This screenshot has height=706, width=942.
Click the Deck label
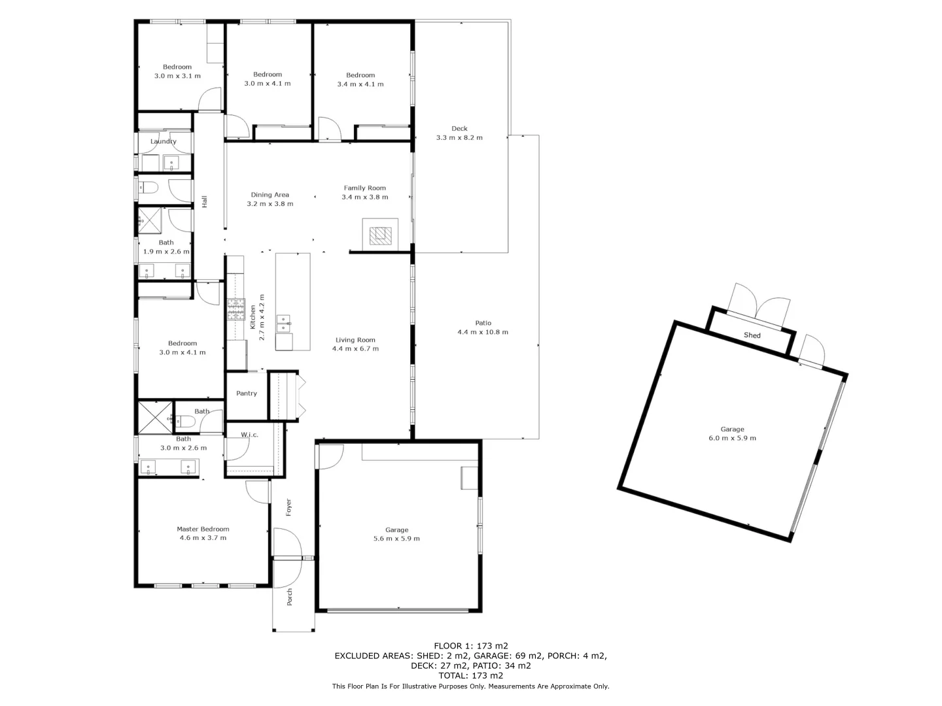459,129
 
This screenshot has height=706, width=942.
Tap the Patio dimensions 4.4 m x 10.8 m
483,332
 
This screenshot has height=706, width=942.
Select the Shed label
752,335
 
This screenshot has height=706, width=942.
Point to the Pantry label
247,394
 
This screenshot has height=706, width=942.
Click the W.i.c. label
249,435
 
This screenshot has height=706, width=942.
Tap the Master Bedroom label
203,529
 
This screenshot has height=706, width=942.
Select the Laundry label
163,141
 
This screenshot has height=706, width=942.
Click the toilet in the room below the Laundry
150,188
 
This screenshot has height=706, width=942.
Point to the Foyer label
288,507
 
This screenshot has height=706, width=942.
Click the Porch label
290,597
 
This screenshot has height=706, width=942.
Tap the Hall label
205,202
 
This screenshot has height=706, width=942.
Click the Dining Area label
270,195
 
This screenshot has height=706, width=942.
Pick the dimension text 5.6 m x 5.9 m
396,539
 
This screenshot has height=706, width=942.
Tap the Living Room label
355,340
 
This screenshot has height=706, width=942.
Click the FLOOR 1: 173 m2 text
470,646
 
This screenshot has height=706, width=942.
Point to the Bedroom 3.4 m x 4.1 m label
360,75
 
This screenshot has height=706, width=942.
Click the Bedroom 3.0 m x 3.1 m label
177,67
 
